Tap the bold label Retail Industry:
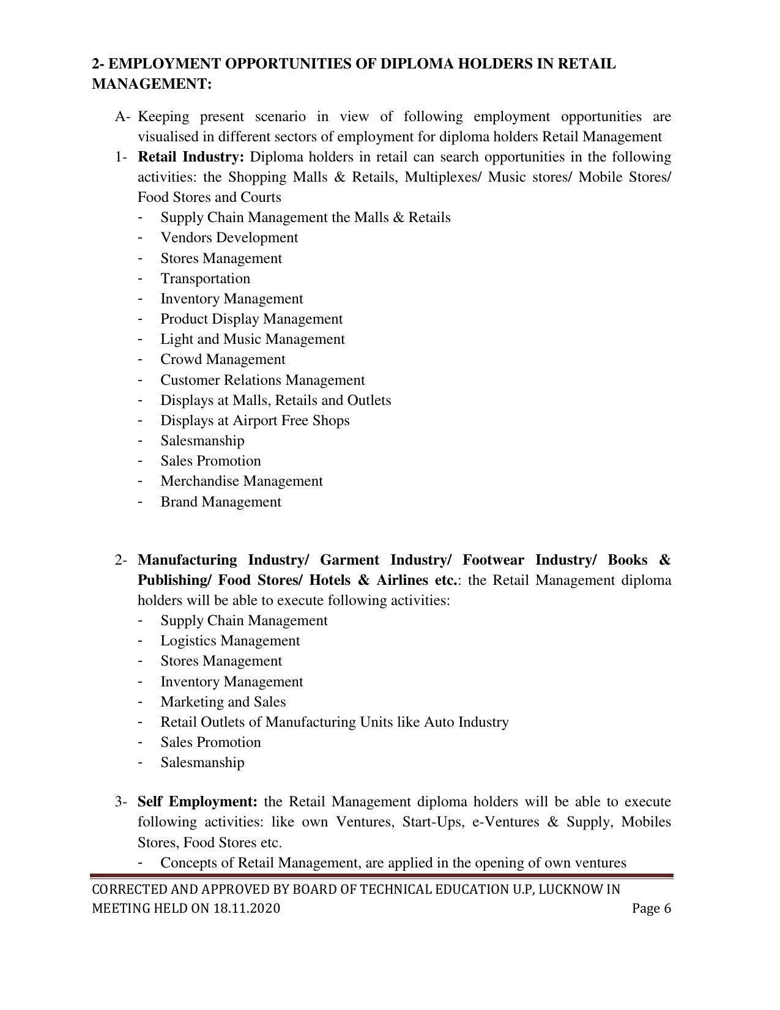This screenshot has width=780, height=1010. point(190,157)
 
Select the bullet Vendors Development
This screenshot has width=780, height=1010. point(229,237)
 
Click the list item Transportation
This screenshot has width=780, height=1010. point(205,278)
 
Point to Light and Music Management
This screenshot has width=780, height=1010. point(252,339)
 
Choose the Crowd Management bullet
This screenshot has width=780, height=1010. point(223,359)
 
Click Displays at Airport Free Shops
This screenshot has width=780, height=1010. point(254,420)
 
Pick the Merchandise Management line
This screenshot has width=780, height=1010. point(241,481)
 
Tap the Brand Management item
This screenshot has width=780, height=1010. point(220,502)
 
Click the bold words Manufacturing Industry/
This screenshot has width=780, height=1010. point(223,560)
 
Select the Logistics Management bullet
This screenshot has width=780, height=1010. point(230,641)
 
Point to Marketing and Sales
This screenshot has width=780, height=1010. point(223,702)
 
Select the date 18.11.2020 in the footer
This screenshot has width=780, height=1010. point(247,908)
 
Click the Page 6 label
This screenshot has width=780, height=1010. point(651,908)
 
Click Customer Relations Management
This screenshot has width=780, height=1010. point(262,380)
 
